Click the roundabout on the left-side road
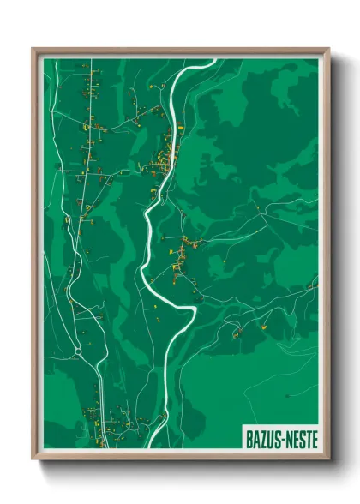coord(77,350)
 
